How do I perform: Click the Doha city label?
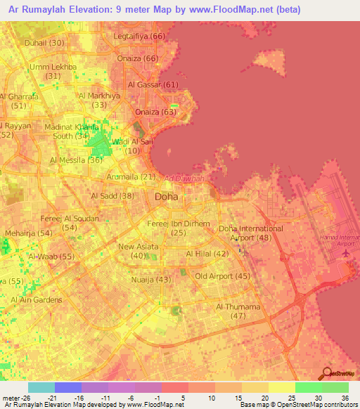166,197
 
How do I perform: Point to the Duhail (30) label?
44,43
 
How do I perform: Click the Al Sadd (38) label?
112,196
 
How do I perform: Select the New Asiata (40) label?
139,251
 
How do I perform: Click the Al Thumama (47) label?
238,311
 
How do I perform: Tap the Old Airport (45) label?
223,276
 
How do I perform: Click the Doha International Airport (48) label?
251,233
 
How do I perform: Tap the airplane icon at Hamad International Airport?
345,252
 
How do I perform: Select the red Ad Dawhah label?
183,178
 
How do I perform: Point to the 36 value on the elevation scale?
345,396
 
